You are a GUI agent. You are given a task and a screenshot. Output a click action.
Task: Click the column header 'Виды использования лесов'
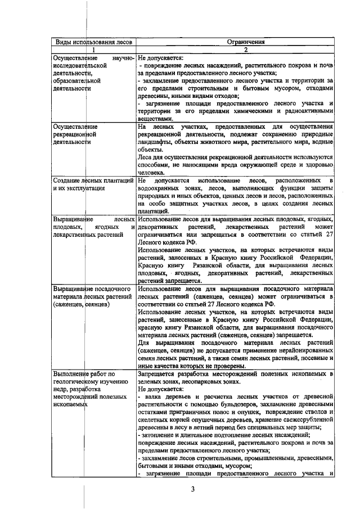[93, 42]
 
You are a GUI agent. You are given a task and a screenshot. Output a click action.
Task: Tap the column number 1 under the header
[93, 49]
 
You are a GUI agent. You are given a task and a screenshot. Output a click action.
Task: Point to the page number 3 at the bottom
[192, 489]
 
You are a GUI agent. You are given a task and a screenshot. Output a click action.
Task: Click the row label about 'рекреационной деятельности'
[75, 134]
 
